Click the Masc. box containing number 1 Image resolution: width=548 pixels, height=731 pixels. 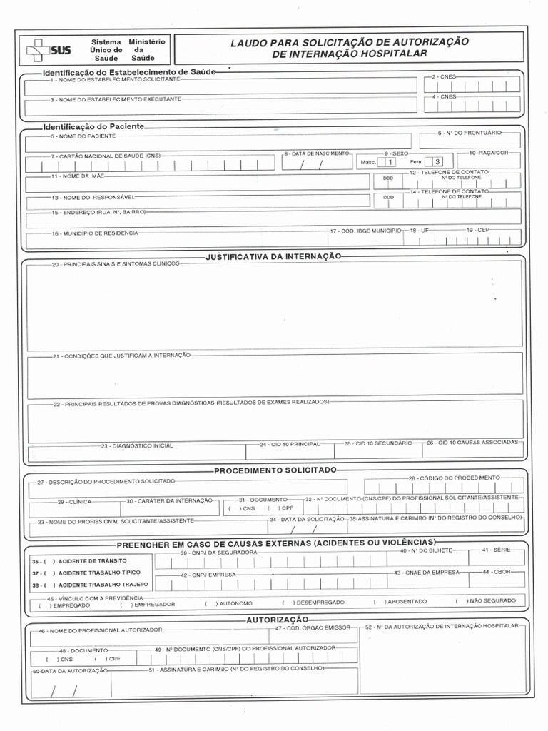pyautogui.click(x=390, y=162)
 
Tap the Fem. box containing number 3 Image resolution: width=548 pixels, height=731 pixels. pyautogui.click(x=437, y=162)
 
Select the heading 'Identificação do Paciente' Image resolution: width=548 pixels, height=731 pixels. pyautogui.click(x=93, y=126)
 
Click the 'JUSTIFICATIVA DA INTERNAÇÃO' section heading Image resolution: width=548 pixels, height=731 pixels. pyautogui.click(x=274, y=256)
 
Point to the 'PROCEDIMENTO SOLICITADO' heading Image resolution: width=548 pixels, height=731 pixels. pyautogui.click(x=275, y=470)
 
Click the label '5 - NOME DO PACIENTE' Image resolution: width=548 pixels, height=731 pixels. pyautogui.click(x=83, y=136)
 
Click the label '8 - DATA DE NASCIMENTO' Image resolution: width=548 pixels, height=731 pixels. pyautogui.click(x=317, y=153)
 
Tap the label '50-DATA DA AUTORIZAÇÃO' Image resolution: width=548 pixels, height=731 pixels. pyautogui.click(x=69, y=672)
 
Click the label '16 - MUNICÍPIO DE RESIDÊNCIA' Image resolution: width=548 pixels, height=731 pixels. pyautogui.click(x=94, y=233)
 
